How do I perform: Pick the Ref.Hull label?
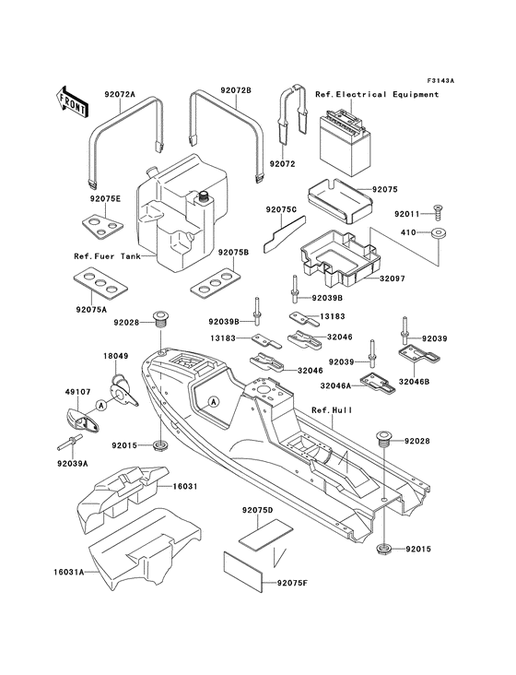[x=329, y=409]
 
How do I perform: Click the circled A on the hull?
[x=213, y=402]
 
